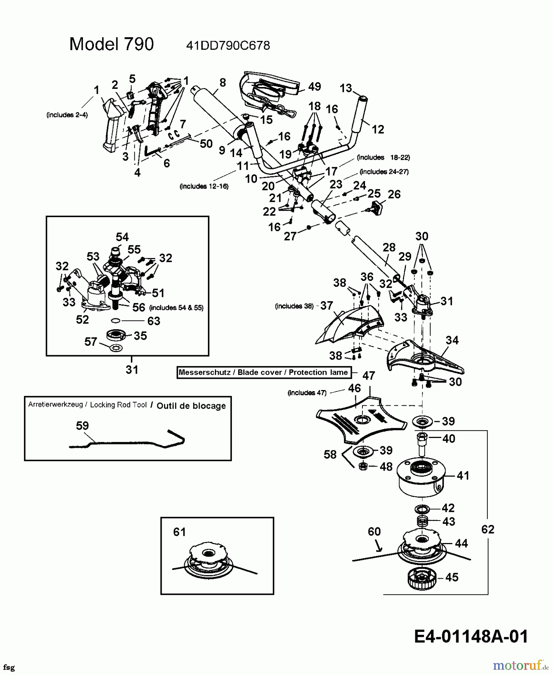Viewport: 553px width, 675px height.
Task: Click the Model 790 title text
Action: tap(111, 44)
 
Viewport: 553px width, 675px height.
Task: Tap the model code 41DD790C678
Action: tap(228, 46)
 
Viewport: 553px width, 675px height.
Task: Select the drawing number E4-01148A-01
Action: tap(471, 636)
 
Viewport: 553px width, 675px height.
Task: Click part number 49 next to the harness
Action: tap(314, 87)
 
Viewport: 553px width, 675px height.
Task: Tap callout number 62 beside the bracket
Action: tap(488, 529)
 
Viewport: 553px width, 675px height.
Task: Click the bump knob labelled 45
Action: tap(424, 577)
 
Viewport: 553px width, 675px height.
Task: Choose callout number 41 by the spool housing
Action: tap(463, 475)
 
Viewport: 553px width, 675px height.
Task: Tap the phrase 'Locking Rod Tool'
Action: tap(118, 405)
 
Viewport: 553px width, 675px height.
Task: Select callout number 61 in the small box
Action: tap(179, 532)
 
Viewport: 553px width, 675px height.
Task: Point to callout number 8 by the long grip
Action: tap(222, 82)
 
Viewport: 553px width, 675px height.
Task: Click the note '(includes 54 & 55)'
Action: tap(176, 307)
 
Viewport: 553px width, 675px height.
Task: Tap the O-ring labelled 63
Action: tap(116, 321)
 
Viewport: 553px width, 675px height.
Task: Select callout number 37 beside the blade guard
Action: tap(326, 306)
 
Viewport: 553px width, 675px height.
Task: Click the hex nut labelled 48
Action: tap(363, 466)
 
